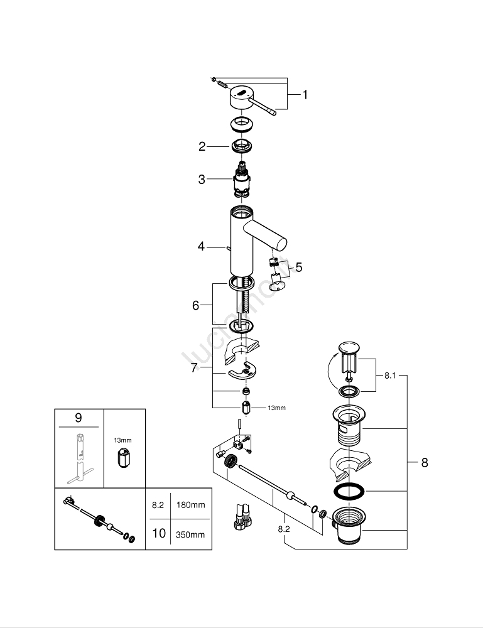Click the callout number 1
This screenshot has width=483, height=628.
305,95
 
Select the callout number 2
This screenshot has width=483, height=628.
202,146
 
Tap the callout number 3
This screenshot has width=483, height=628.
202,180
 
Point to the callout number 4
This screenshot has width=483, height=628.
201,247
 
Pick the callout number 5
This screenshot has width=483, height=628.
298,268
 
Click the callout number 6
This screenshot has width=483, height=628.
196,306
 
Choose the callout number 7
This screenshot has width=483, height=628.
194,368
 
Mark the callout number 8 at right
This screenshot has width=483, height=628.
425,463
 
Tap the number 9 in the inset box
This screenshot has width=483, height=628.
79,418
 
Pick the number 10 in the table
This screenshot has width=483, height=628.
159,534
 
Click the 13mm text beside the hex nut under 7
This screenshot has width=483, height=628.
277,408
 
